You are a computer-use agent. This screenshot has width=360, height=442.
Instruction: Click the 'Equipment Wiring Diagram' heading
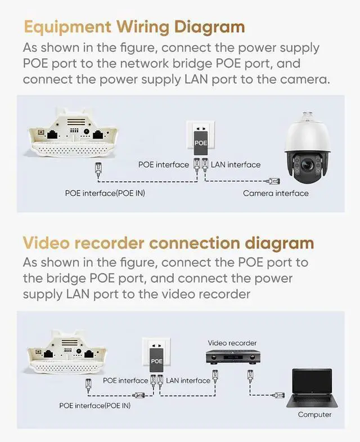(x=134, y=26)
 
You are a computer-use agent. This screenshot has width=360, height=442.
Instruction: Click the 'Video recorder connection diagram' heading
(x=168, y=243)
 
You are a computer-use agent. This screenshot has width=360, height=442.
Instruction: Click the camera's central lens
(x=308, y=164)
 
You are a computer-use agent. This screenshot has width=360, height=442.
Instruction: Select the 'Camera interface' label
(x=276, y=193)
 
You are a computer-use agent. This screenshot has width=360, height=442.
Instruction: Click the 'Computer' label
(x=314, y=414)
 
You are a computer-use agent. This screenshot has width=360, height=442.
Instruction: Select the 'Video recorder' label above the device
(x=232, y=343)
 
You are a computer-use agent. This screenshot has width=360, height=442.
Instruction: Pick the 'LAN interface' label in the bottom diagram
(x=188, y=381)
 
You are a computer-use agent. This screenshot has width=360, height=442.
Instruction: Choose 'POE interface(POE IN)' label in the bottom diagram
(x=94, y=405)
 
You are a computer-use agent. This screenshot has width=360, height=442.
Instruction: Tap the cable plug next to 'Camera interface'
(x=274, y=181)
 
